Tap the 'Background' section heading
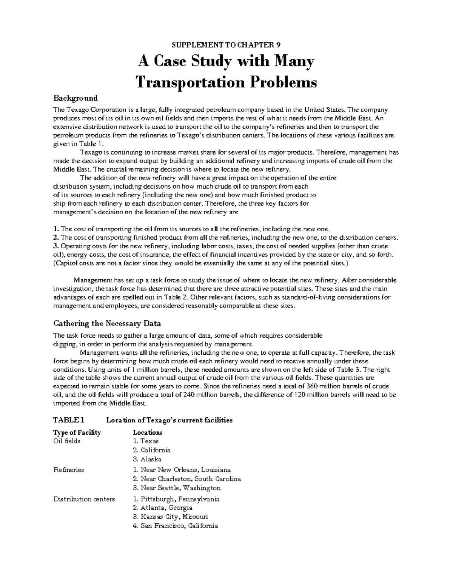pos(75,98)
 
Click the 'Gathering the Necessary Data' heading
pos(107,323)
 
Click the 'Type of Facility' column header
pos(77,432)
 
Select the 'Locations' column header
pos(148,432)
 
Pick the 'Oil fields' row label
pos(67,441)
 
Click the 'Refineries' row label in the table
pos(68,470)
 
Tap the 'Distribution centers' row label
pos(84,499)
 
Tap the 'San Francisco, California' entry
pos(179,526)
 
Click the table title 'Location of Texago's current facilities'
pos(169,420)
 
